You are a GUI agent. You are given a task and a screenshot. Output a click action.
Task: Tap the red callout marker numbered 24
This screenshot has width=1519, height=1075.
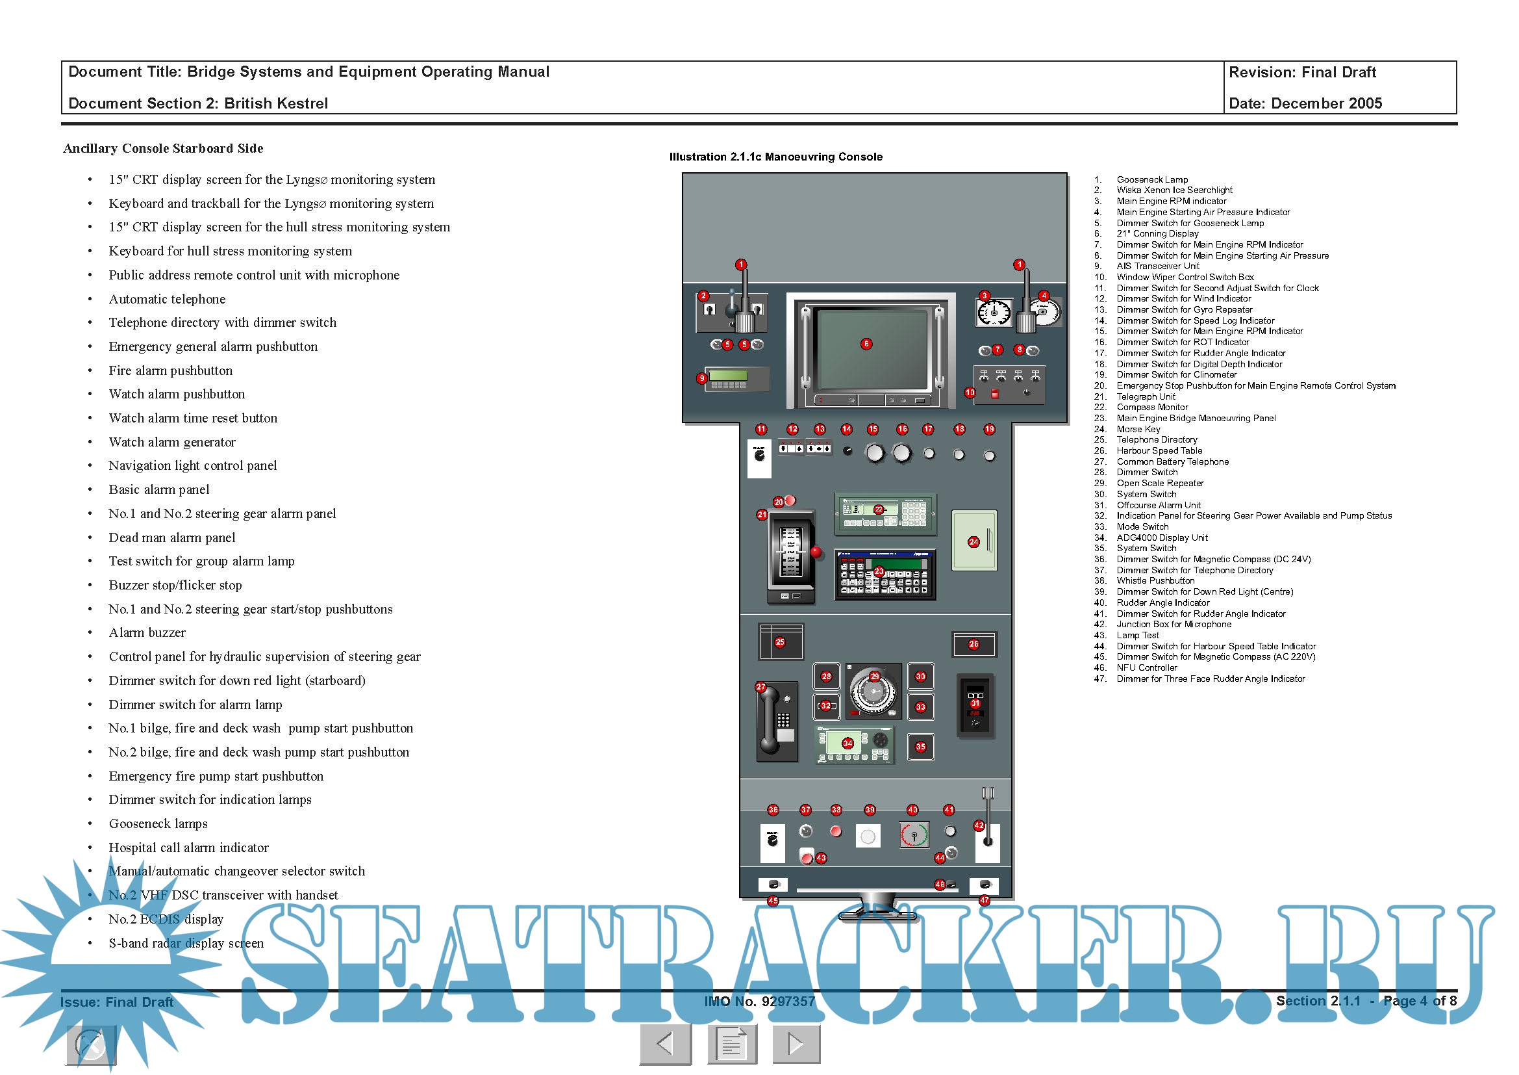point(973,542)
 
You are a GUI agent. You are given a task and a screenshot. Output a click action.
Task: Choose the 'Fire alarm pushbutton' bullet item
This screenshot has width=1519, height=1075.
point(171,370)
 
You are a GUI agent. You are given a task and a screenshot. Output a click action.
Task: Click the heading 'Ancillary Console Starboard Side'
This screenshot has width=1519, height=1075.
point(163,148)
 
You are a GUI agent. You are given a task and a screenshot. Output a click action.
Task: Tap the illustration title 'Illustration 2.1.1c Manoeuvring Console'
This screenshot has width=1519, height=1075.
point(775,157)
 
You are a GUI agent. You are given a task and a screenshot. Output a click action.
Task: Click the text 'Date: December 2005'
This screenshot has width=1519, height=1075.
point(1305,103)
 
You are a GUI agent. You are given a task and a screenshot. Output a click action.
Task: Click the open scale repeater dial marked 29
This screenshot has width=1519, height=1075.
point(873,691)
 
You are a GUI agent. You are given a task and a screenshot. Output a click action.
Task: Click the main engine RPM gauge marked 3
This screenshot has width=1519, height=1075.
point(993,313)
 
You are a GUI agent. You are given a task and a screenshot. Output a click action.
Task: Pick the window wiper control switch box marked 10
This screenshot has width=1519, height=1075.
point(1009,385)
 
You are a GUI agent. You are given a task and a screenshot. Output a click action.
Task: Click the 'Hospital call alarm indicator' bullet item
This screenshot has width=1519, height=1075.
point(188,848)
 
